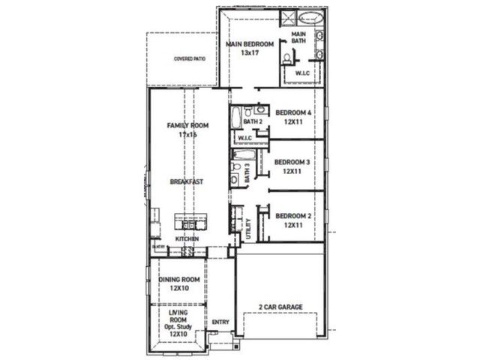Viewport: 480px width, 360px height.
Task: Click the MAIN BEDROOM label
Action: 249,44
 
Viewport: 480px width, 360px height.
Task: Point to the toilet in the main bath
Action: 288,61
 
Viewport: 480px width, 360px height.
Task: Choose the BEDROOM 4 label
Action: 292,112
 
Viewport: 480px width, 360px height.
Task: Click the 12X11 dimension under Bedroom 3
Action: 292,171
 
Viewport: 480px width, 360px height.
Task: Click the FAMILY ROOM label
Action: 187,125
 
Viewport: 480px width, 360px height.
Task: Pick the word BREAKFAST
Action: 187,181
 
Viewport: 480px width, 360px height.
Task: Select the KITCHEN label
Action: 187,239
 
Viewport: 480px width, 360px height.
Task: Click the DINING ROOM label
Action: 178,279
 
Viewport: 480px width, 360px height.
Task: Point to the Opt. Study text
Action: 179,328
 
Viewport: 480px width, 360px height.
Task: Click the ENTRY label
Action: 220,322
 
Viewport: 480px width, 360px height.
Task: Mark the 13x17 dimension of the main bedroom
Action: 249,53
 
